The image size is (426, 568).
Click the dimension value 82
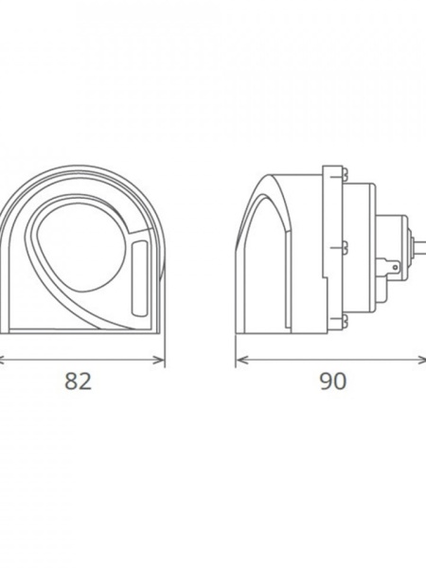[x=78, y=382]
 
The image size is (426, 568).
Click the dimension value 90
[x=332, y=382]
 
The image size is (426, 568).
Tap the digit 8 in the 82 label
[x=71, y=382]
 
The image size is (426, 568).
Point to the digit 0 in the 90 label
[x=340, y=382]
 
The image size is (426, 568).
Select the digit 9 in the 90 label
[x=325, y=382]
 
